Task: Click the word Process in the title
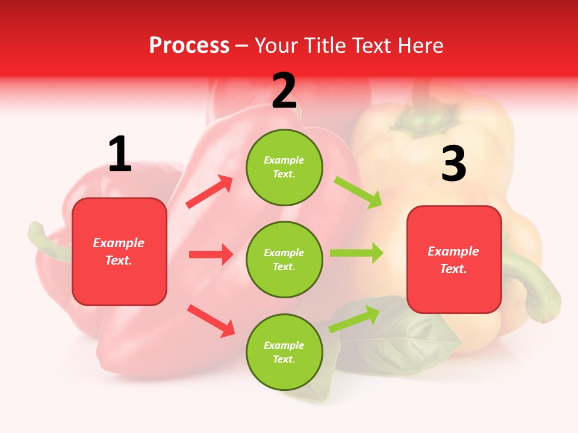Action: pyautogui.click(x=189, y=45)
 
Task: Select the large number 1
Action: pyautogui.click(x=120, y=155)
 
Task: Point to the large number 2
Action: pyautogui.click(x=284, y=91)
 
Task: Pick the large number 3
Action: pyautogui.click(x=453, y=164)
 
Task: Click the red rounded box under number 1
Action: pyautogui.click(x=119, y=251)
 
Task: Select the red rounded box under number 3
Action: pyautogui.click(x=454, y=259)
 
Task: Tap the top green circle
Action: pyautogui.click(x=284, y=167)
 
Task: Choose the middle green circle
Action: pyautogui.click(x=284, y=259)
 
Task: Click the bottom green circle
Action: pyautogui.click(x=284, y=352)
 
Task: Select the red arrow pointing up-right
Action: pyautogui.click(x=210, y=192)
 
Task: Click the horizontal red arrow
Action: pyautogui.click(x=211, y=254)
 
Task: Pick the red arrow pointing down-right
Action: pyautogui.click(x=211, y=321)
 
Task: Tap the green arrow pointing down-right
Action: pyautogui.click(x=358, y=192)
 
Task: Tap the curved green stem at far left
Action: pyautogui.click(x=45, y=241)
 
